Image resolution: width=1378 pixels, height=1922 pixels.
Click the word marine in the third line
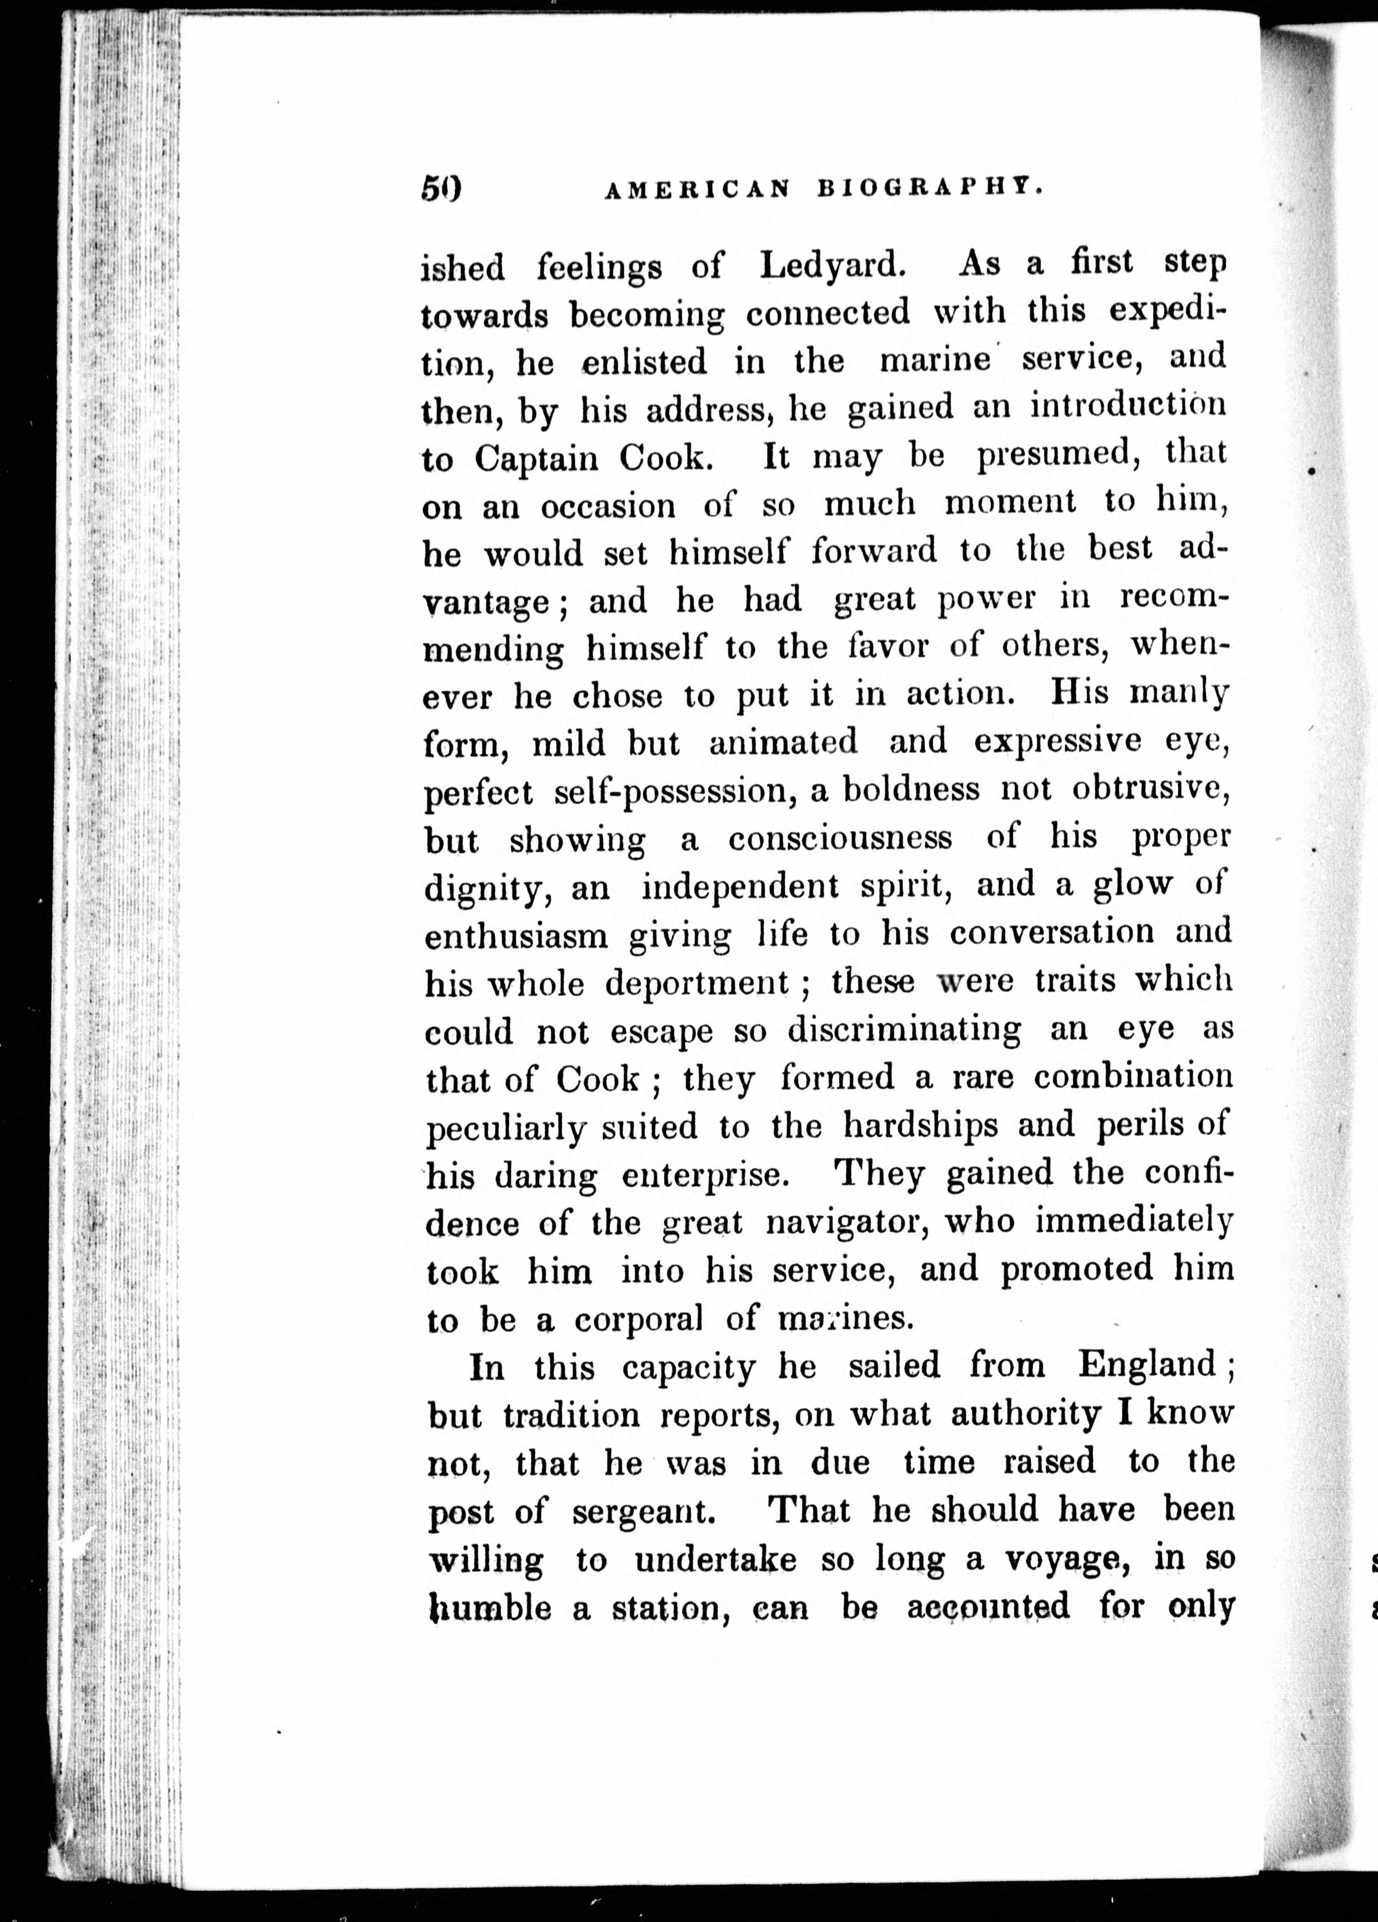tap(935, 360)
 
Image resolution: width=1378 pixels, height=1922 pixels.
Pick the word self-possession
tap(676, 791)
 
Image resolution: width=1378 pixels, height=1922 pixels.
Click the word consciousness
tap(840, 838)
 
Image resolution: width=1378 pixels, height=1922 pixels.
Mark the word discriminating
tap(904, 1031)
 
